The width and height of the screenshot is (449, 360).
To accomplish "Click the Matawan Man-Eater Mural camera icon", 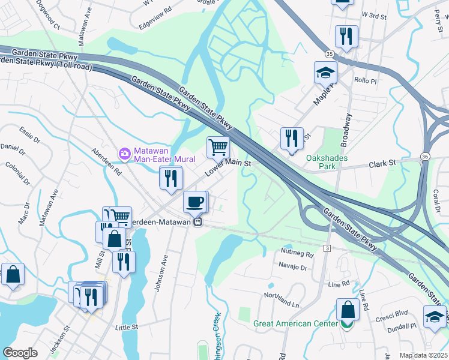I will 124,154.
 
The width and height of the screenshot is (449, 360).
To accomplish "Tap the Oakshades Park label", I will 327,158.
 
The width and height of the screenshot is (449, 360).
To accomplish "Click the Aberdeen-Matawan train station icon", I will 196,221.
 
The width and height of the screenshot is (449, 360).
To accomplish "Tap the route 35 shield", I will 330,54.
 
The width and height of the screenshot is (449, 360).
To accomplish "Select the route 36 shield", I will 424,157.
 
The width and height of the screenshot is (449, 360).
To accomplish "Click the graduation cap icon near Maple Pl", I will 325,73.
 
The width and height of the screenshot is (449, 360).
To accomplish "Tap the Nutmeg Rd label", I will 297,254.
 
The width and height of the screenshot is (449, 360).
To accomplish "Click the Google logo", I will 20,353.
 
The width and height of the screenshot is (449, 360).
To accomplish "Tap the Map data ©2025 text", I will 423,355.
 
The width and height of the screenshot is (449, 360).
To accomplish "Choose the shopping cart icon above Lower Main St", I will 218,146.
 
